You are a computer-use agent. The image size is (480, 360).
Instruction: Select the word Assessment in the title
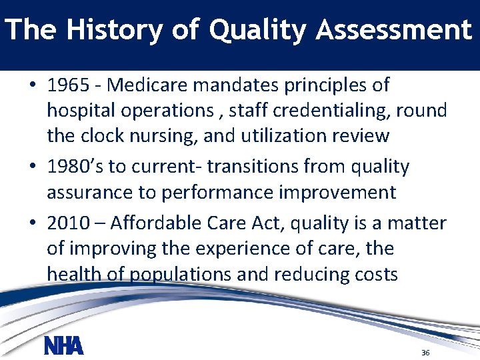tap(394, 31)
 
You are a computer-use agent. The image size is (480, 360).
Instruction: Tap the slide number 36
tap(425, 352)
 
